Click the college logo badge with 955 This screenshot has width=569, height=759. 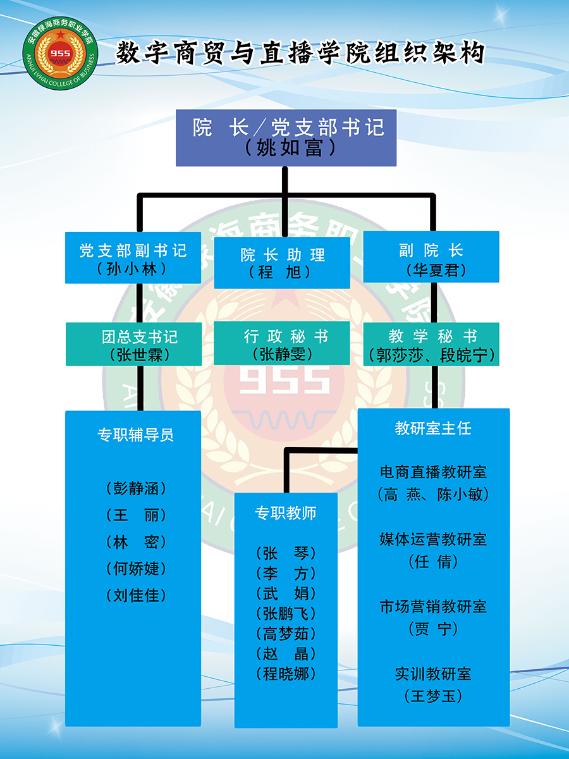click(x=61, y=53)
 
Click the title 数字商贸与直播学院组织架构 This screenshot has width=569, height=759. click(x=300, y=53)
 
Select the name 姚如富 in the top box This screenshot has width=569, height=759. click(x=290, y=148)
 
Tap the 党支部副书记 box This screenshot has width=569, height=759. click(x=133, y=257)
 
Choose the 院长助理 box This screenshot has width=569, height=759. click(x=282, y=262)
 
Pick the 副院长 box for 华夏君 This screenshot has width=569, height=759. click(x=431, y=257)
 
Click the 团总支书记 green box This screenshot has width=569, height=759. click(x=133, y=344)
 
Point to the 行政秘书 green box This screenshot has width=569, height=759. click(x=282, y=343)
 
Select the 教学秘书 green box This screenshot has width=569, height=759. click(x=431, y=344)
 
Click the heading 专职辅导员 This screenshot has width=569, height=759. click(x=135, y=435)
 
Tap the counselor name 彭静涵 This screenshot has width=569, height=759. click(x=136, y=489)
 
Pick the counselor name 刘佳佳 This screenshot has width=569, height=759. click(x=136, y=595)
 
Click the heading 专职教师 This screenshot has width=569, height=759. click(x=286, y=513)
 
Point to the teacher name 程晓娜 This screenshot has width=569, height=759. click(x=286, y=674)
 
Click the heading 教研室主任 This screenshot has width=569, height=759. click(x=433, y=428)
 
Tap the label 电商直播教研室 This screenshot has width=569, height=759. click(x=433, y=472)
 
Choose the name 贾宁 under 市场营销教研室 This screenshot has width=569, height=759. click(x=433, y=629)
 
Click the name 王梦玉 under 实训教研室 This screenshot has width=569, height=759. click(x=433, y=696)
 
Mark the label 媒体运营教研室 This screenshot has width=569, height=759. click(x=433, y=540)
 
